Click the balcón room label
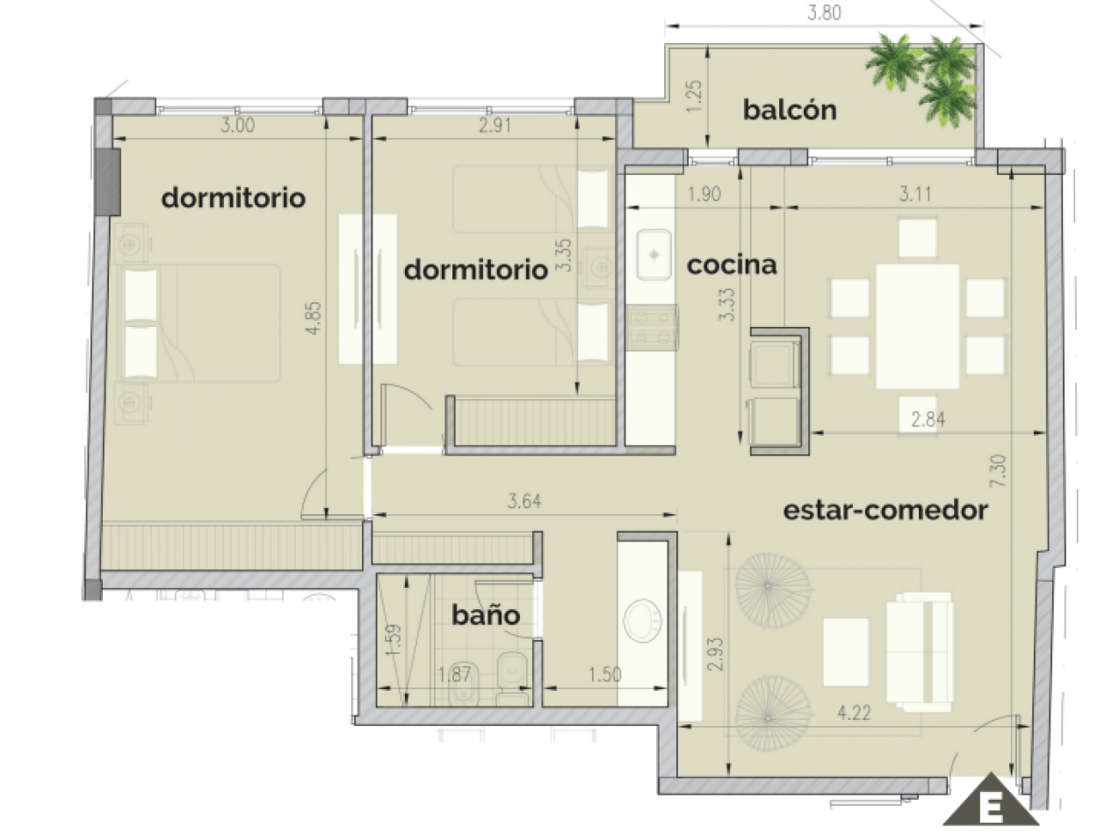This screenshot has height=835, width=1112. tap(789, 111)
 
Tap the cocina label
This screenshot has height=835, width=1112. tap(732, 265)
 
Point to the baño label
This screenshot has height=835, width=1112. tap(486, 615)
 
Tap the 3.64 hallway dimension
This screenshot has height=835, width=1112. tap(524, 502)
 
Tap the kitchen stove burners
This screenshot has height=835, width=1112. tap(652, 327)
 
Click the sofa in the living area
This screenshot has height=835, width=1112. tap(919, 651)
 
